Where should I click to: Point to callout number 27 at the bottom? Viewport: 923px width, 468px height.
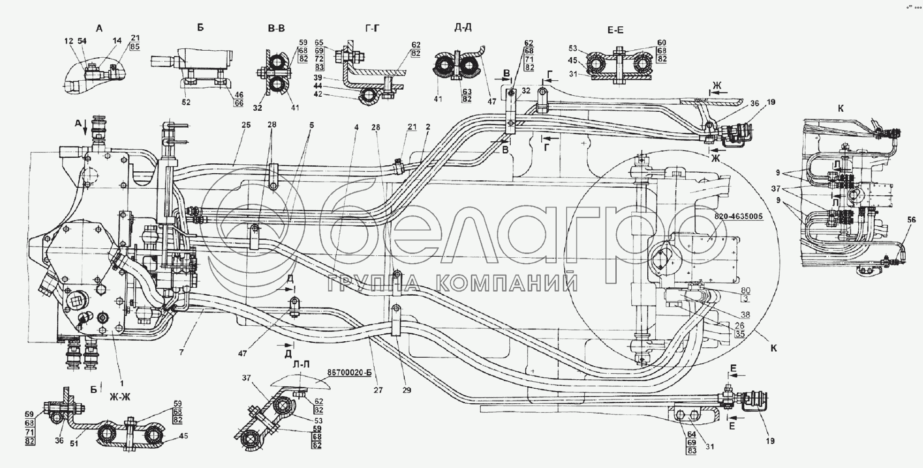coord(378,390)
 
